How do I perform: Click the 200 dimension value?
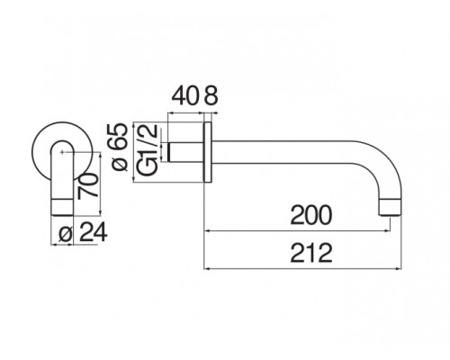pos(311,215)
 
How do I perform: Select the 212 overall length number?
pos(311,252)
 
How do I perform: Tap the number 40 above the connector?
pos(185,93)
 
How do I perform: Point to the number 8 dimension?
pos(211,93)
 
